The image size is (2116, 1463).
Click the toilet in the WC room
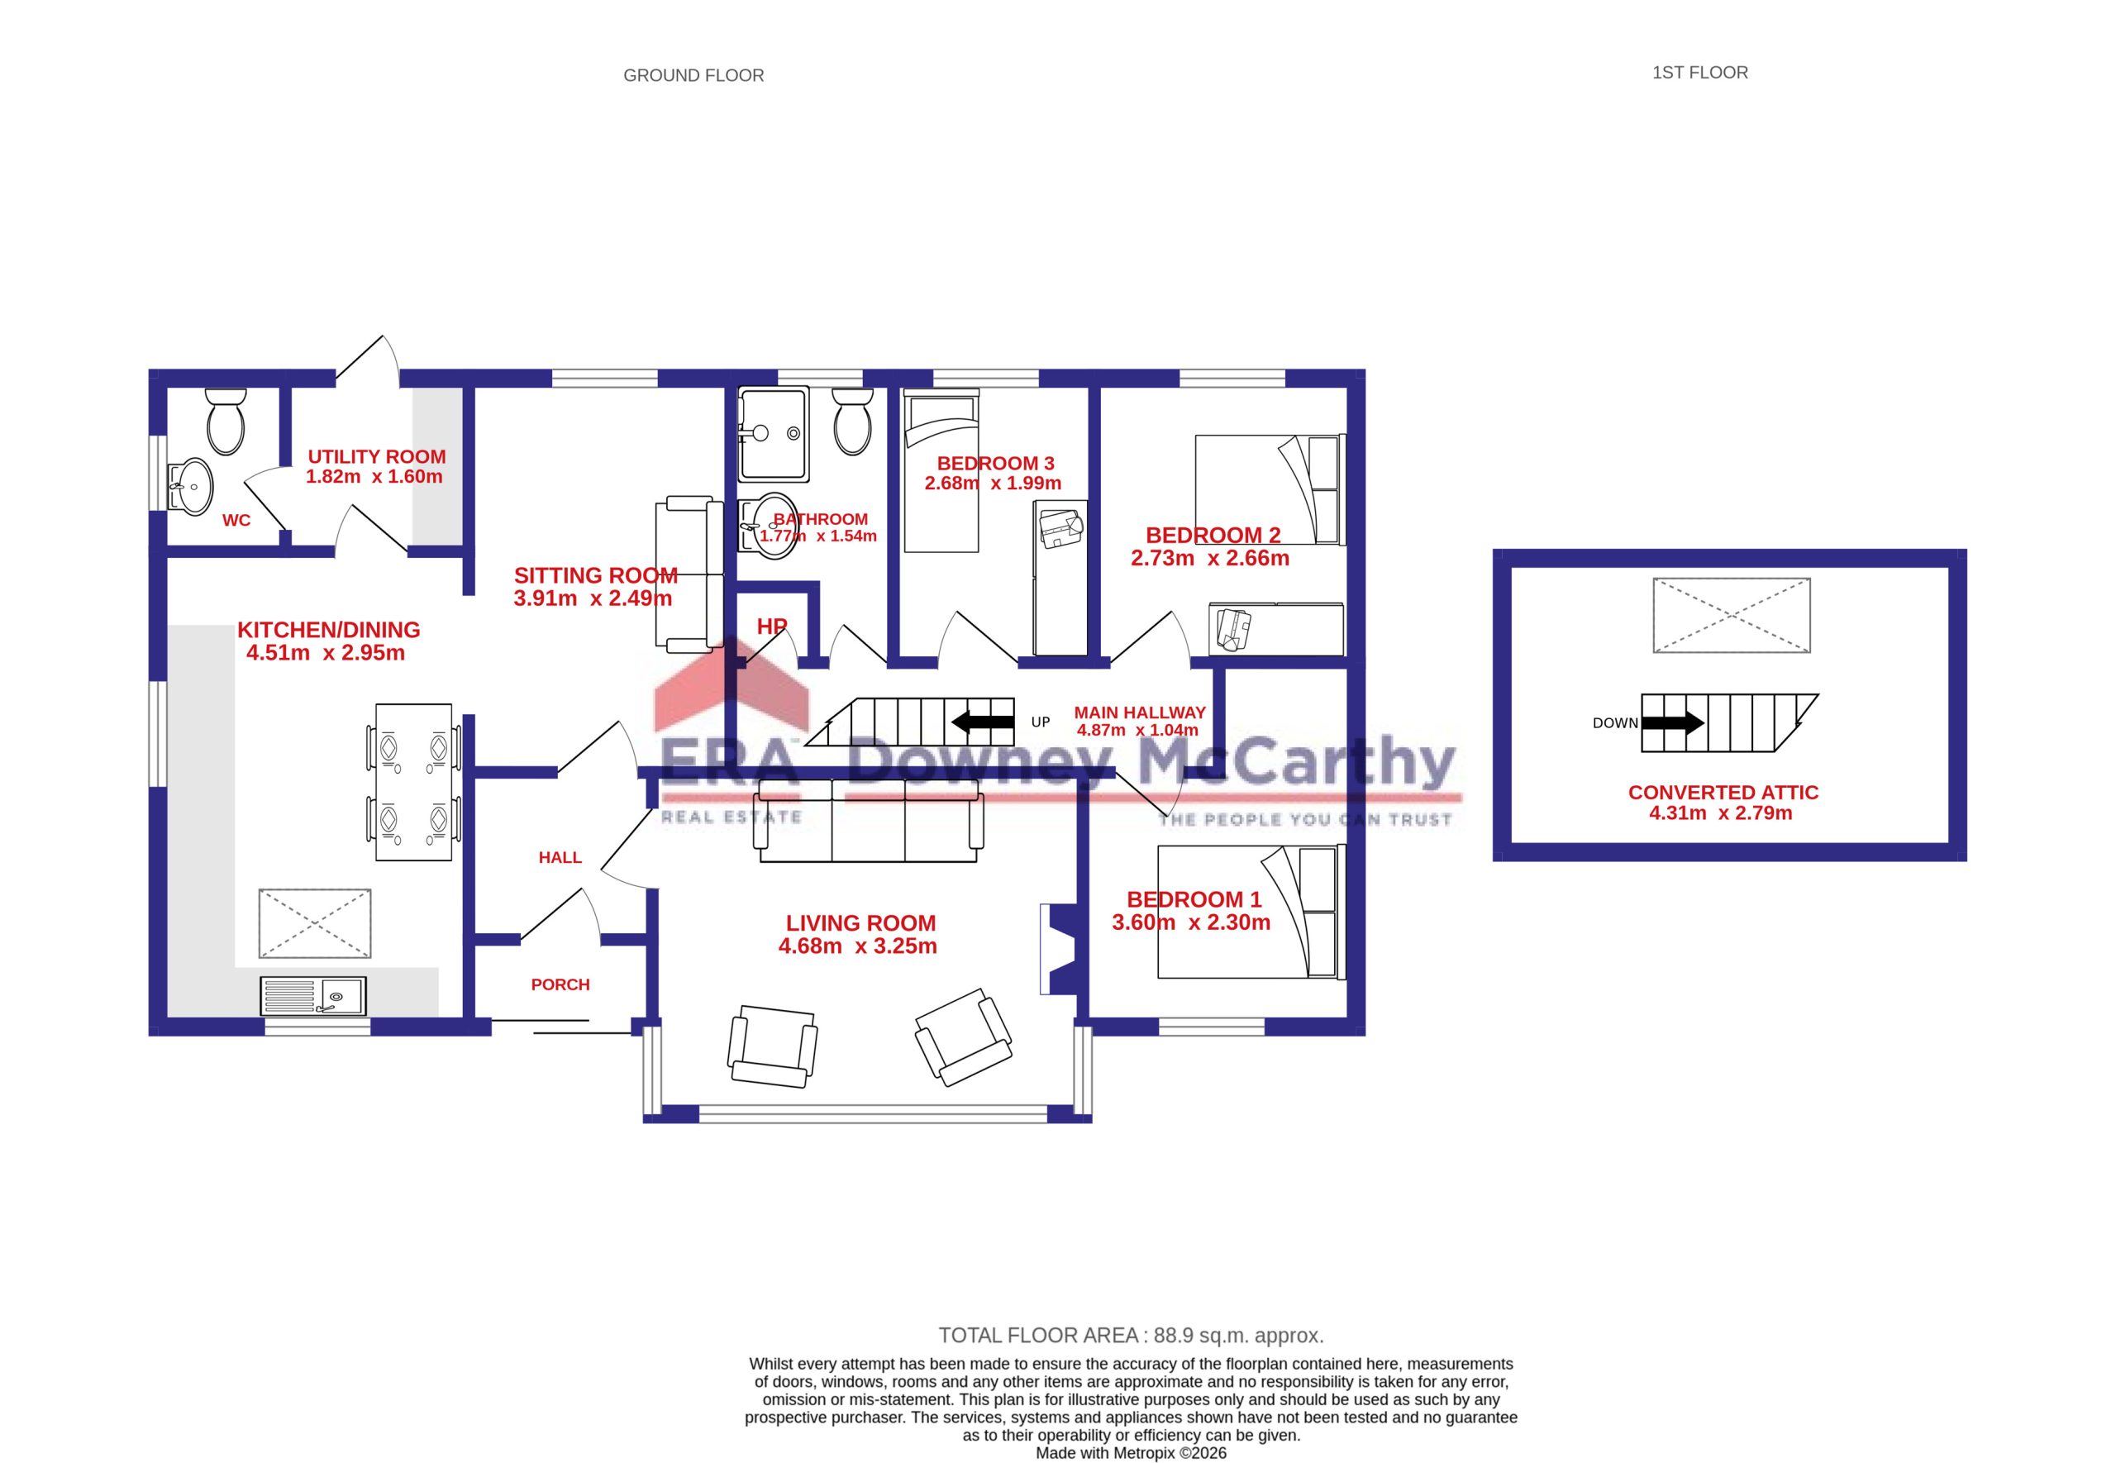pyautogui.click(x=226, y=421)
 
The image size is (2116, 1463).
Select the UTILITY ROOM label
pyautogui.click(x=377, y=456)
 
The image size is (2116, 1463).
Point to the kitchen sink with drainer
pyautogui.click(x=313, y=995)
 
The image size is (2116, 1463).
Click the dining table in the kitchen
pyautogui.click(x=413, y=782)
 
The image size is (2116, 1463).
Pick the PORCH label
pyautogui.click(x=560, y=984)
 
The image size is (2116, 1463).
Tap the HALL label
pyautogui.click(x=560, y=857)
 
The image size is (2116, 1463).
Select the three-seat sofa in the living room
pyautogui.click(x=869, y=821)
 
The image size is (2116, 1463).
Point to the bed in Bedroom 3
pyautogui.click(x=941, y=471)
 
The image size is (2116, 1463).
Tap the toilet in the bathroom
pyautogui.click(x=852, y=421)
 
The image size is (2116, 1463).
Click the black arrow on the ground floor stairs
pyautogui.click(x=983, y=722)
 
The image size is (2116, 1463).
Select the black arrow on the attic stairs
pyautogui.click(x=1672, y=722)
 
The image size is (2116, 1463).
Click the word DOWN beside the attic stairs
pyautogui.click(x=1615, y=723)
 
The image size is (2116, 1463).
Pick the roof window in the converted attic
pyautogui.click(x=1731, y=615)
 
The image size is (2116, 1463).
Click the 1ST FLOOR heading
pyautogui.click(x=1700, y=73)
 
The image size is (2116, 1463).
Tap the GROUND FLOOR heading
pyautogui.click(x=693, y=75)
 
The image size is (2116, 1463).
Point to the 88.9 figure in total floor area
pyautogui.click(x=1174, y=1336)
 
